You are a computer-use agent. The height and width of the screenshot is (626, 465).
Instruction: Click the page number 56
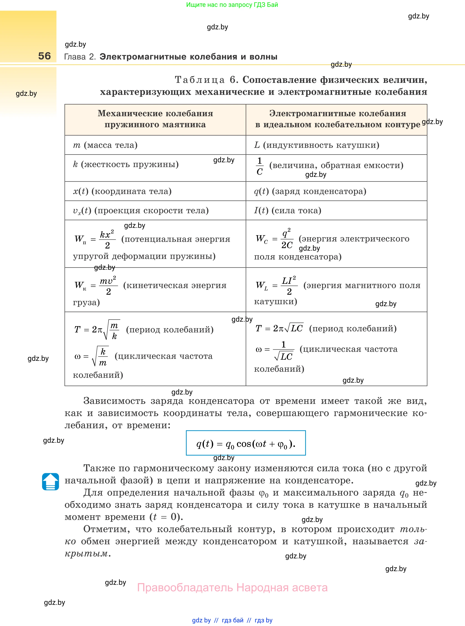[44, 56]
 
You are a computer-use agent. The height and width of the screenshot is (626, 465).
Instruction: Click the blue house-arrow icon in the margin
[50, 482]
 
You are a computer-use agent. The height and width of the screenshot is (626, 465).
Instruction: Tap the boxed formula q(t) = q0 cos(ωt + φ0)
[246, 444]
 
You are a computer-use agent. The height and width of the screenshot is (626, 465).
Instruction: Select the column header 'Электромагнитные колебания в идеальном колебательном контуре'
[338, 119]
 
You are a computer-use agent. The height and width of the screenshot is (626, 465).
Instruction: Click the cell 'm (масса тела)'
[105, 145]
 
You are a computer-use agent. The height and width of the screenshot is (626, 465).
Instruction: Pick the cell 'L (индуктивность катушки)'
[317, 145]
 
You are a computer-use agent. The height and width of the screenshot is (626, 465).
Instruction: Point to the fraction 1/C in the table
[259, 166]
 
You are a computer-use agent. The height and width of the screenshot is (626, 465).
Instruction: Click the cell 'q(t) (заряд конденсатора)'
[310, 191]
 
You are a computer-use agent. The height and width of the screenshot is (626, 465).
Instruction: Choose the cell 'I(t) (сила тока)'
[287, 211]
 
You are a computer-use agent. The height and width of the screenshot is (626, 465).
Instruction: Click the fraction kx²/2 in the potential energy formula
[107, 239]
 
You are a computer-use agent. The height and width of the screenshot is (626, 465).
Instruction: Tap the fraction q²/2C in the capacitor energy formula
[287, 239]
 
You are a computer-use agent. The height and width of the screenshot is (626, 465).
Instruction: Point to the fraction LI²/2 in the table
[289, 285]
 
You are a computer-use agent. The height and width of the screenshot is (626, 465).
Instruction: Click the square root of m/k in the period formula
[112, 330]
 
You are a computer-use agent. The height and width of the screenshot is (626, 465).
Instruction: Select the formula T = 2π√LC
[279, 328]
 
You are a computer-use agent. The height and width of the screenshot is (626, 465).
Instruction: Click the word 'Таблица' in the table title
[200, 80]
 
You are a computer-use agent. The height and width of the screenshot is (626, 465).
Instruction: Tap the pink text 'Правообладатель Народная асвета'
[232, 588]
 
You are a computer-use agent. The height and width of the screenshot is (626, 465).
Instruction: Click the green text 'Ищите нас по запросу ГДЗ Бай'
[232, 5]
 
